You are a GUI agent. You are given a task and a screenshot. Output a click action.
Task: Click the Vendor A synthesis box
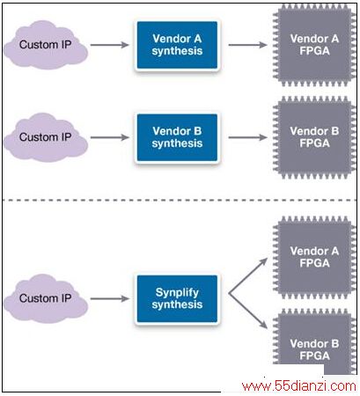[177, 45]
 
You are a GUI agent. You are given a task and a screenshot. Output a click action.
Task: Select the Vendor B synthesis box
[177, 137]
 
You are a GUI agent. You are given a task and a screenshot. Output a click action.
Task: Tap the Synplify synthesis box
[177, 298]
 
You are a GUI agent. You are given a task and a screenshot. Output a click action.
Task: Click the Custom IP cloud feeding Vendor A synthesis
[46, 45]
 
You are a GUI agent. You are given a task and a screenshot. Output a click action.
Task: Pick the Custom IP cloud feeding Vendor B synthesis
[46, 137]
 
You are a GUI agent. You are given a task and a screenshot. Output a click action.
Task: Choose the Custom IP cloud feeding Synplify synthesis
[46, 298]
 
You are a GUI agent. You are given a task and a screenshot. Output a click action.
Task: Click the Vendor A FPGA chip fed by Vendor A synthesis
[314, 45]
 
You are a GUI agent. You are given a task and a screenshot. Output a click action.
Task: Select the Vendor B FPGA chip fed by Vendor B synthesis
[314, 137]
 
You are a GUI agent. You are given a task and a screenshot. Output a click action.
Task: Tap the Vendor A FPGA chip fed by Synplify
[314, 257]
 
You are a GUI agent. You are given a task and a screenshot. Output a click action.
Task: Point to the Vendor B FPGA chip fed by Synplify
[314, 341]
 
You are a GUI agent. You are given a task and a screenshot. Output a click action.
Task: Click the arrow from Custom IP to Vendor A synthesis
[110, 45]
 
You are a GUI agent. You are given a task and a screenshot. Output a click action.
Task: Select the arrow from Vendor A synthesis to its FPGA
[248, 45]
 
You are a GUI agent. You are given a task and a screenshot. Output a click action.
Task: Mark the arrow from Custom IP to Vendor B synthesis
[110, 137]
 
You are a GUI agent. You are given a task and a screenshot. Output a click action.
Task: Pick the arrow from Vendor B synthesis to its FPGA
[248, 137]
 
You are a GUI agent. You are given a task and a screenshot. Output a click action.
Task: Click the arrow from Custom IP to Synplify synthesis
[110, 298]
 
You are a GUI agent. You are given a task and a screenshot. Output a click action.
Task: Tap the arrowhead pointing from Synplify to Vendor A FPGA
[264, 260]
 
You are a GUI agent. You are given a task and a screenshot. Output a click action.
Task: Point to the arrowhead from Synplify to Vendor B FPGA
[264, 325]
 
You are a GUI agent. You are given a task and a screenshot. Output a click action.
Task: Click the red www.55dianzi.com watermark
[299, 385]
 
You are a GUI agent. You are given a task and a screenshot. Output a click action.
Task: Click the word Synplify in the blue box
[177, 293]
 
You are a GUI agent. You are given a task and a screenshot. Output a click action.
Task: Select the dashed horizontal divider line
[180, 200]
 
